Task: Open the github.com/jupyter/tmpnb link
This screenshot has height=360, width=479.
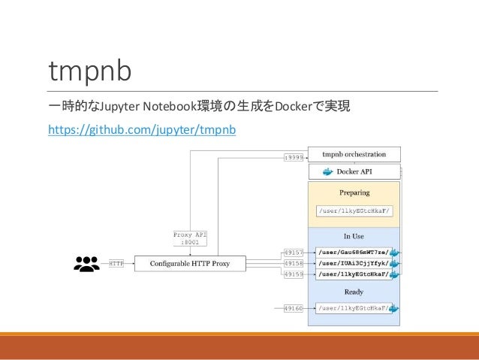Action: [142, 131]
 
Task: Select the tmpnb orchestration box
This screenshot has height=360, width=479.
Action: [354, 155]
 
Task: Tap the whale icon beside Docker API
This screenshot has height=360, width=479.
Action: [327, 172]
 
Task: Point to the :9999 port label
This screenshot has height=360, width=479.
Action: [294, 156]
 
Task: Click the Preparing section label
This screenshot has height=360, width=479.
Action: [354, 193]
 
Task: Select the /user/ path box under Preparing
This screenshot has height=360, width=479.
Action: [353, 212]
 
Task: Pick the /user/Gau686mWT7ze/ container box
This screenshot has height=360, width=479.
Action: [353, 253]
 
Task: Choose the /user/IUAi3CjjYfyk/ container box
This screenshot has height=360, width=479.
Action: [353, 264]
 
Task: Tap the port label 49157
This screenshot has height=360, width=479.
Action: [294, 253]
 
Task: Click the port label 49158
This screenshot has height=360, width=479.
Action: [294, 264]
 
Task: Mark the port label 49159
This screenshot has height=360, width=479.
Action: [294, 275]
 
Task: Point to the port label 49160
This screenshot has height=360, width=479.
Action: [294, 308]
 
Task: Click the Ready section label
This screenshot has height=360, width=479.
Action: [354, 292]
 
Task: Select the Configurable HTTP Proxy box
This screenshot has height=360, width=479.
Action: [190, 264]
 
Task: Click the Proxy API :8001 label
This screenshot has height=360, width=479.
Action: [190, 238]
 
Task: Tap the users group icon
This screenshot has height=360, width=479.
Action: [87, 264]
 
